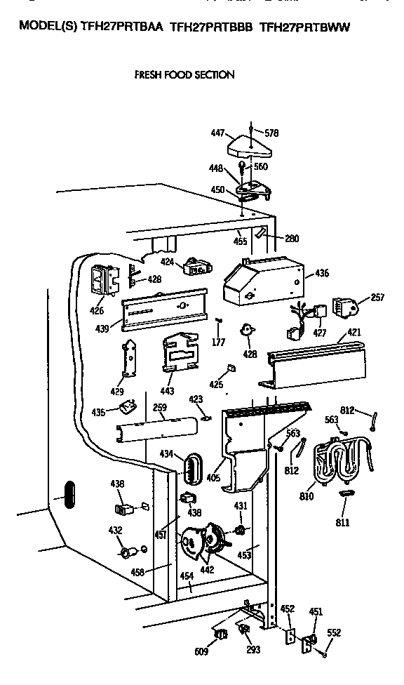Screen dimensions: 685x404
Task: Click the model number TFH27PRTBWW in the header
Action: tap(304, 27)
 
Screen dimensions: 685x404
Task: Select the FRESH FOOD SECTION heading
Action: tap(184, 74)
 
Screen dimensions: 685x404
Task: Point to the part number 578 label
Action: tap(271, 132)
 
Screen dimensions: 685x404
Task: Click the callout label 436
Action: tap(321, 273)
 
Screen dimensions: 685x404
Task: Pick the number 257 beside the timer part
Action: tap(377, 298)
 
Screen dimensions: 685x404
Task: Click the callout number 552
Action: tap(334, 632)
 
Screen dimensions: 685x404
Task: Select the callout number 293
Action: tap(253, 650)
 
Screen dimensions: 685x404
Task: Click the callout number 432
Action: tap(116, 530)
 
